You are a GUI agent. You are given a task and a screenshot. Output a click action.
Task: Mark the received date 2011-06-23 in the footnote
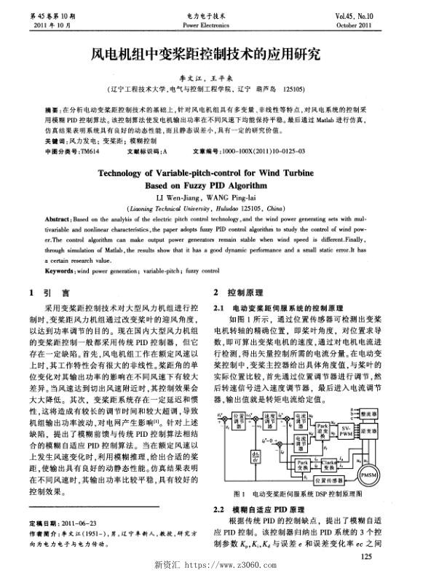click(x=78, y=523)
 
